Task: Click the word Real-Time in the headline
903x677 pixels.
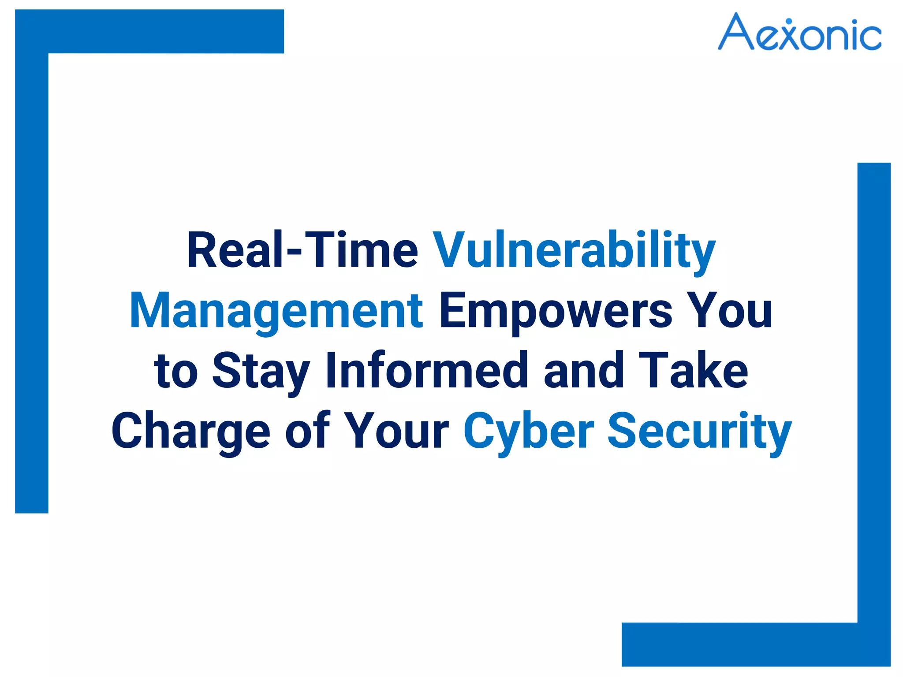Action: pos(302,250)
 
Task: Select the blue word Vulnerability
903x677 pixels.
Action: pos(574,250)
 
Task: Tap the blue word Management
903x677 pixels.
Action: pos(276,310)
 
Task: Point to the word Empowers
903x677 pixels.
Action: pos(556,310)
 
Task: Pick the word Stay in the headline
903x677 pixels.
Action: pos(261,371)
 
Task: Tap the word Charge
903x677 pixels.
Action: pos(190,431)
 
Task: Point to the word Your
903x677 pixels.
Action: pos(396,430)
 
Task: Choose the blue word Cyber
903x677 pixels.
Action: pos(529,431)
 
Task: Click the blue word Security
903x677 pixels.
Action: pos(700,431)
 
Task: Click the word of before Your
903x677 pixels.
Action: pos(307,430)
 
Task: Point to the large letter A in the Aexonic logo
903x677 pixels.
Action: pos(736,32)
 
